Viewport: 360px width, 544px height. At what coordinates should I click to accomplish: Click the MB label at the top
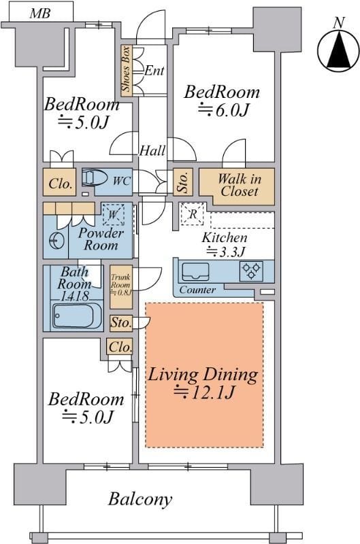(x=40, y=14)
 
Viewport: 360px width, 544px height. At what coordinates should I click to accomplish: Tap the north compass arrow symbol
(x=338, y=50)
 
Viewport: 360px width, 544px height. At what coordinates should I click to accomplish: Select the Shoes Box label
(x=126, y=69)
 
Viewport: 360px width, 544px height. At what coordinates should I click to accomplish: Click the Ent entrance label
(x=154, y=71)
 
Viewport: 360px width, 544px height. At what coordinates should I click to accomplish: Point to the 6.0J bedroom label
(x=222, y=101)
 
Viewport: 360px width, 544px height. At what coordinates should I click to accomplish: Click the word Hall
(x=152, y=150)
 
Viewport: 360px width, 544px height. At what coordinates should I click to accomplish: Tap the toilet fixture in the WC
(x=95, y=178)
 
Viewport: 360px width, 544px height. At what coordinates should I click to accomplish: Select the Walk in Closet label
(x=239, y=185)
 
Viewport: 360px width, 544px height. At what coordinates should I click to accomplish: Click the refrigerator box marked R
(x=193, y=214)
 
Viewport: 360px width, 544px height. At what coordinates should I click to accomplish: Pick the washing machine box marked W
(x=113, y=214)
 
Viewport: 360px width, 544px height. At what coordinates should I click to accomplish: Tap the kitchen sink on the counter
(x=195, y=272)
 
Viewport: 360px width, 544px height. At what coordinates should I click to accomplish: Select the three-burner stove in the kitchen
(x=251, y=271)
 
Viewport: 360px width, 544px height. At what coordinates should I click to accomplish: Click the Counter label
(x=197, y=290)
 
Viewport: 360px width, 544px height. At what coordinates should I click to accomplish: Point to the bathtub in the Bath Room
(x=73, y=316)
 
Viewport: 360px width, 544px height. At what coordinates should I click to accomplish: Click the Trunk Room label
(x=121, y=284)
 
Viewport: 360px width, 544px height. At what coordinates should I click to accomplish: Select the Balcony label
(x=140, y=499)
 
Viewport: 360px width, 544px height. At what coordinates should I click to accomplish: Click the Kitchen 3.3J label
(x=225, y=245)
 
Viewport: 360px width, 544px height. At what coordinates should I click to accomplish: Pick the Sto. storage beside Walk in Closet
(x=183, y=182)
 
